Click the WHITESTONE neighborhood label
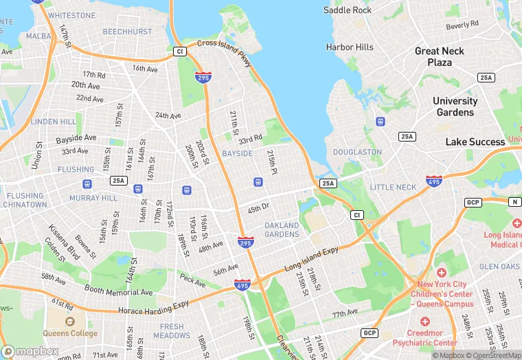click(x=72, y=15)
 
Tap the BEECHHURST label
click(x=128, y=32)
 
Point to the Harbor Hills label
click(x=350, y=47)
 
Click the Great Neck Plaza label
click(x=439, y=56)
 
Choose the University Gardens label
click(x=455, y=106)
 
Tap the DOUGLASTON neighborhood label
click(x=356, y=152)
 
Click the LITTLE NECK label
click(x=393, y=187)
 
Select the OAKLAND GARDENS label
click(x=282, y=230)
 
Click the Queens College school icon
click(x=69, y=321)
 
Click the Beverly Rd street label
click(x=462, y=25)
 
